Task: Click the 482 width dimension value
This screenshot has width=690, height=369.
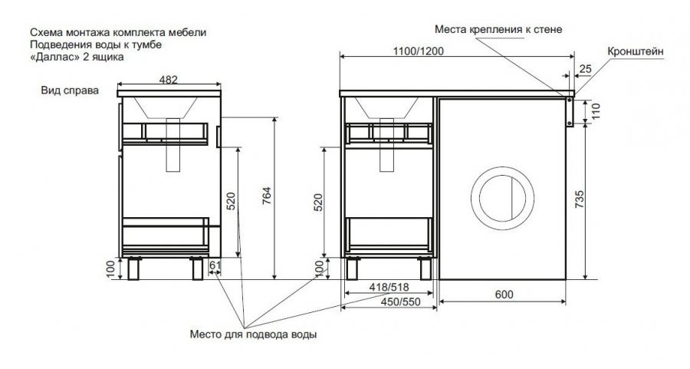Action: [169, 79]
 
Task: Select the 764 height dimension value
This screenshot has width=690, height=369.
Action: [267, 196]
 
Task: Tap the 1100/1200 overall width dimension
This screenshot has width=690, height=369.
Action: [418, 51]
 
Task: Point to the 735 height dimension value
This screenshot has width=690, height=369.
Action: [580, 199]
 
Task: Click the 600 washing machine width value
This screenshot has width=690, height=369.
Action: [504, 294]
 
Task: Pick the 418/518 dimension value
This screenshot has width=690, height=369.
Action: [389, 287]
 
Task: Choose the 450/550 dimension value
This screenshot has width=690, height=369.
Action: [400, 302]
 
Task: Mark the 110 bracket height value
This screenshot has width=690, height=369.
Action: [596, 112]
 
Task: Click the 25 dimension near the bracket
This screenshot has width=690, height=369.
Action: [586, 69]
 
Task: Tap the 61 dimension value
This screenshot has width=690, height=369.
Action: [215, 265]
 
